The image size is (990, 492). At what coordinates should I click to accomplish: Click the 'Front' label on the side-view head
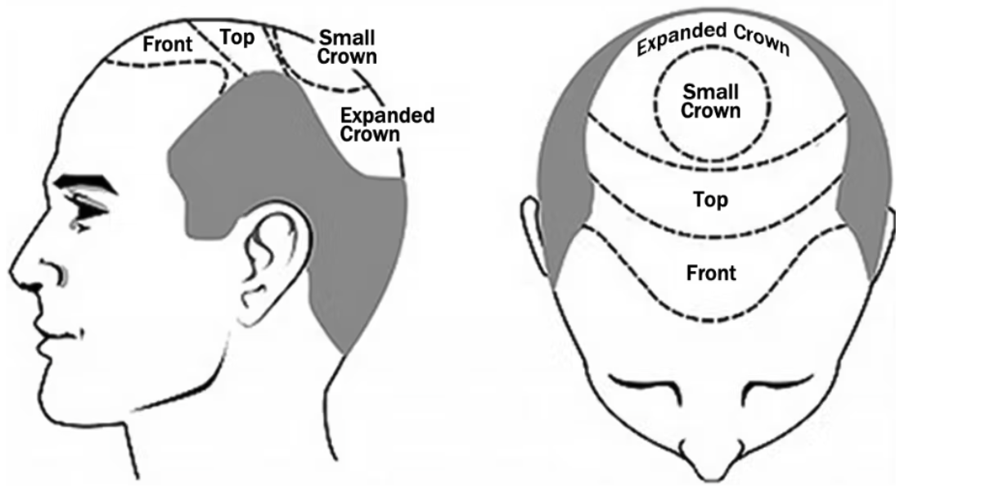168,44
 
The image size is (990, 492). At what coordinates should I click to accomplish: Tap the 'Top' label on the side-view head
237,37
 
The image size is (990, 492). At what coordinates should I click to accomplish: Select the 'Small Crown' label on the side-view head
347,47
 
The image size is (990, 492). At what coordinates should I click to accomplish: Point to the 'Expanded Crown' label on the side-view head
387,124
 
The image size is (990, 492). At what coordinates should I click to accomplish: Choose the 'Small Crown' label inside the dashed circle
711,102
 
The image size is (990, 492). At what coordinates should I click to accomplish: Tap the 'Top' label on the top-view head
711,200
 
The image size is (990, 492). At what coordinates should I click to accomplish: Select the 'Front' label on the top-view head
711,273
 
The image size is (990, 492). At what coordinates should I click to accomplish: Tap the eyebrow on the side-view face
86,183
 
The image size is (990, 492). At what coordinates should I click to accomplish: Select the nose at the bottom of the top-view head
712,460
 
